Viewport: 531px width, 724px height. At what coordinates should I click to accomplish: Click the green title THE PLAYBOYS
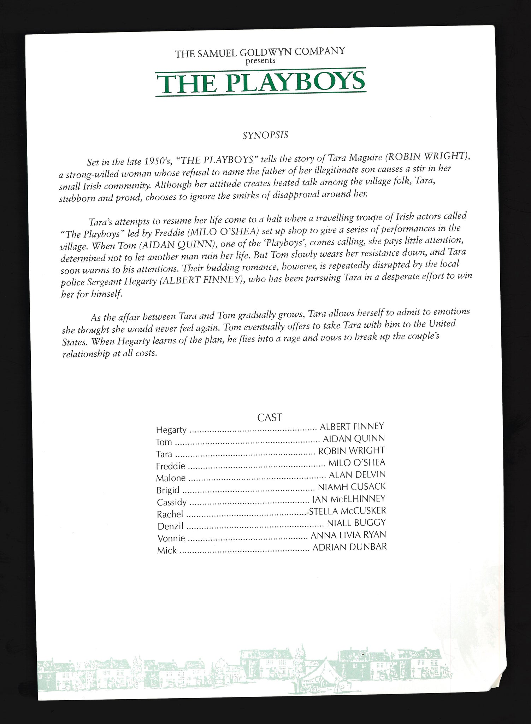(x=261, y=82)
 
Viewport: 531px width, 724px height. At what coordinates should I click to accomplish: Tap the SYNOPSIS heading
(x=265, y=135)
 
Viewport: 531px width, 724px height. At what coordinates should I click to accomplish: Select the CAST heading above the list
(x=270, y=418)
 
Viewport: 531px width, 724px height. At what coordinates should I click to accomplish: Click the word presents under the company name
(x=261, y=60)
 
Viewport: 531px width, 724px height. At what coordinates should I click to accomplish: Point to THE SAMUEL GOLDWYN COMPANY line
(x=260, y=52)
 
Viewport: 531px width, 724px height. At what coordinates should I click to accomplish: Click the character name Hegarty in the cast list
(x=171, y=430)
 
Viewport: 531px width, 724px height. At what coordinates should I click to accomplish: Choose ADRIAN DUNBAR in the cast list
(x=350, y=547)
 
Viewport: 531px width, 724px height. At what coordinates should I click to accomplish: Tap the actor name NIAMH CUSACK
(x=352, y=487)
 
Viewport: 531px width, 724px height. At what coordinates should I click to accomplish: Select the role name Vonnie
(x=171, y=538)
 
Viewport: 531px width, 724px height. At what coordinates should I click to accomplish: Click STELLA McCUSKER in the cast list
(x=347, y=511)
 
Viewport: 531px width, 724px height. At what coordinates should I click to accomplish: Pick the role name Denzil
(x=171, y=526)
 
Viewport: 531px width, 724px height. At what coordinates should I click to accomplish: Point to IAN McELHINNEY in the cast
(x=349, y=499)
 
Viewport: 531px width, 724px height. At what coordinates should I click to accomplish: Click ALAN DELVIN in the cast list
(x=357, y=474)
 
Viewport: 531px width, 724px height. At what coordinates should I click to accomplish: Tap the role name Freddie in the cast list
(x=171, y=466)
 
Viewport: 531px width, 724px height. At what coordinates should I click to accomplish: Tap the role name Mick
(x=167, y=550)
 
